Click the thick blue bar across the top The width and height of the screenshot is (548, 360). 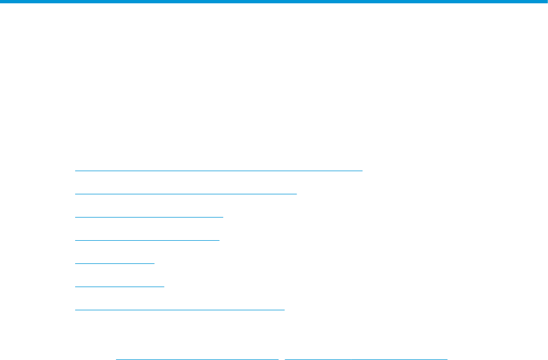pyautogui.click(x=274, y=2)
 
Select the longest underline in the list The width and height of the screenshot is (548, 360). pyautogui.click(x=218, y=171)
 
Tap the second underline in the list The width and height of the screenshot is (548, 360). pyautogui.click(x=186, y=194)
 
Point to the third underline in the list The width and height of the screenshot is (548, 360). pyautogui.click(x=149, y=217)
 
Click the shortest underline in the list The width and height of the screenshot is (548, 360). pyautogui.click(x=115, y=263)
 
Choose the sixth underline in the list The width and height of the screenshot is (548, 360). pyautogui.click(x=119, y=287)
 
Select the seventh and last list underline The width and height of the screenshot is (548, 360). pyautogui.click(x=180, y=310)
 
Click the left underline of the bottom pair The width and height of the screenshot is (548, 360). pyautogui.click(x=197, y=359)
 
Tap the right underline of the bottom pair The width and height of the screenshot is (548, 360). pyautogui.click(x=366, y=359)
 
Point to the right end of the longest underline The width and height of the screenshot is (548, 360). pyautogui.click(x=362, y=171)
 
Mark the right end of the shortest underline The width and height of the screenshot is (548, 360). pyautogui.click(x=154, y=263)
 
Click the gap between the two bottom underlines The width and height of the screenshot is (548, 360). pyautogui.click(x=281, y=359)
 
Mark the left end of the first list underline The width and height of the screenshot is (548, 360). pyautogui.click(x=76, y=171)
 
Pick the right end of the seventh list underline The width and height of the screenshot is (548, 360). pyautogui.click(x=284, y=310)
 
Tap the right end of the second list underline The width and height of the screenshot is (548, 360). pyautogui.click(x=296, y=194)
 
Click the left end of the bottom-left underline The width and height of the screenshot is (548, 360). pyautogui.click(x=117, y=359)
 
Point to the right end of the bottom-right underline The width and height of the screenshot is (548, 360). pyautogui.click(x=446, y=359)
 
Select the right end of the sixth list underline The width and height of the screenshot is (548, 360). pyautogui.click(x=164, y=287)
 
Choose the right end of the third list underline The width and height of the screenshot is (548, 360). pyautogui.click(x=223, y=217)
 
